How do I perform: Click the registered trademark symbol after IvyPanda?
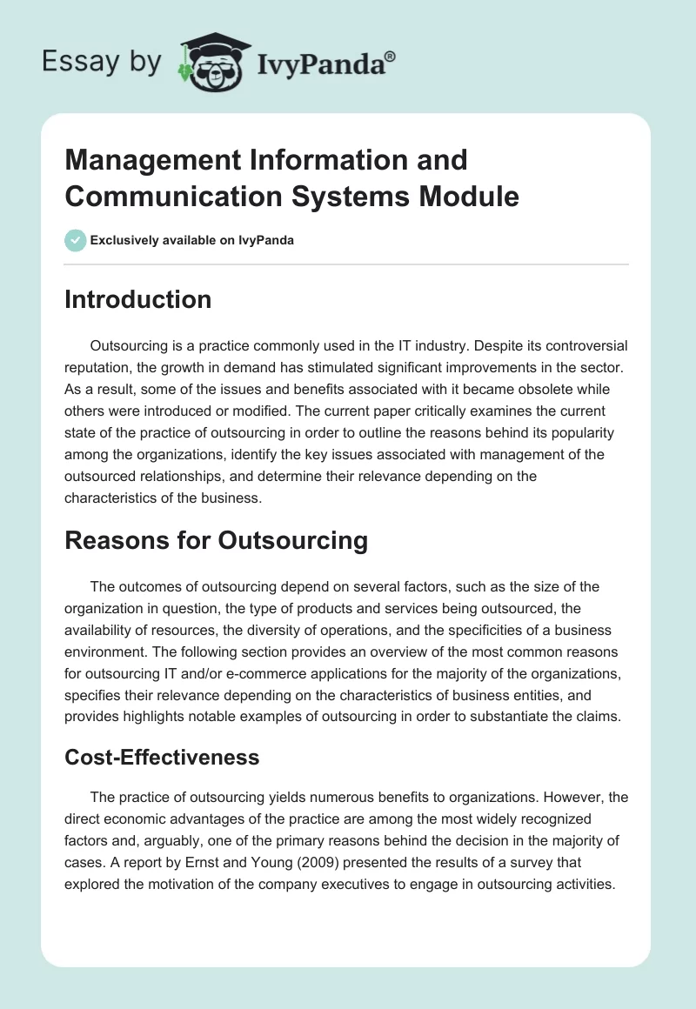[x=390, y=57]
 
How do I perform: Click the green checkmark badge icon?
[x=76, y=240]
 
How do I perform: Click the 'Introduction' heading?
[x=137, y=299]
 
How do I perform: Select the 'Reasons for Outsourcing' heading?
[x=216, y=540]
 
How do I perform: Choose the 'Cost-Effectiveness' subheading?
[x=162, y=757]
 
